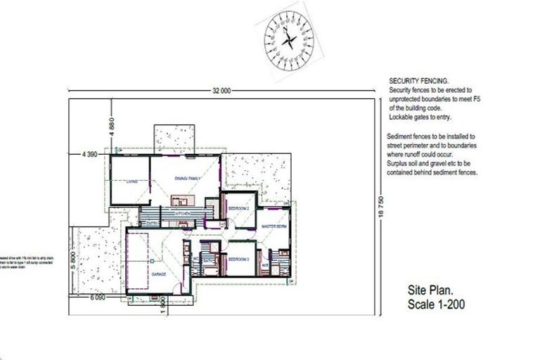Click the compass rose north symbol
coord(288,41)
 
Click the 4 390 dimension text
coord(89,153)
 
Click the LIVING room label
coord(131,182)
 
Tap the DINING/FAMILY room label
coord(188,179)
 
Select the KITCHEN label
coord(183,212)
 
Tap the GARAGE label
coord(158,274)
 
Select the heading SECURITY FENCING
coord(418,82)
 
